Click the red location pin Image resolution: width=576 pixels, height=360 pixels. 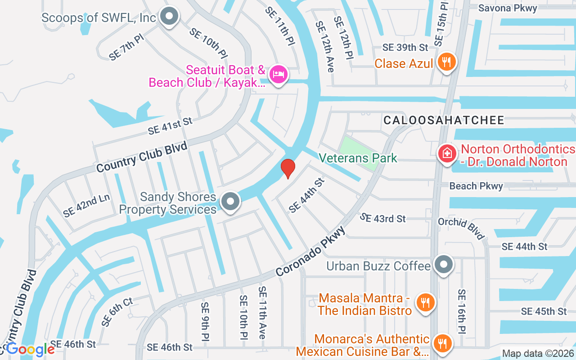[288, 168]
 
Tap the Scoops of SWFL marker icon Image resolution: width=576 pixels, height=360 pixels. [169, 17]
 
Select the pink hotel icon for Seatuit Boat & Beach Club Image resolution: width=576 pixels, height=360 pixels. [278, 73]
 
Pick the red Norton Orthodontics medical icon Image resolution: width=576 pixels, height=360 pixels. [446, 153]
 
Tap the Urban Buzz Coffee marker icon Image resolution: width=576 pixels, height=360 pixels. [444, 264]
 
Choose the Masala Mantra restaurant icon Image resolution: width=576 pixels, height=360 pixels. [424, 301]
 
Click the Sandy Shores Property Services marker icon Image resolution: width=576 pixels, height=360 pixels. [231, 202]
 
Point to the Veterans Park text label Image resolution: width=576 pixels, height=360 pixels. [358, 158]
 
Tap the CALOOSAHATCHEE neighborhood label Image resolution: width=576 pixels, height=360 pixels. [444, 120]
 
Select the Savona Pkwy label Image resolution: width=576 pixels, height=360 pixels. [508, 8]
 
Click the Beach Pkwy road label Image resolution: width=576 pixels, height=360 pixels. [476, 186]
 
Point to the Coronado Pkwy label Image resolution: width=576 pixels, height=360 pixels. [310, 252]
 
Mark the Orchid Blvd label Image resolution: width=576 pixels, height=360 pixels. [461, 229]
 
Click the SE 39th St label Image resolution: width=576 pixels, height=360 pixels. [405, 47]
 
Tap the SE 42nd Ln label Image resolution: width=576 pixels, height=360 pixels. [86, 206]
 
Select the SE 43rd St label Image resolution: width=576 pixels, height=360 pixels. [382, 218]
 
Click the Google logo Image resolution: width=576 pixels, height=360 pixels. [30, 349]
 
